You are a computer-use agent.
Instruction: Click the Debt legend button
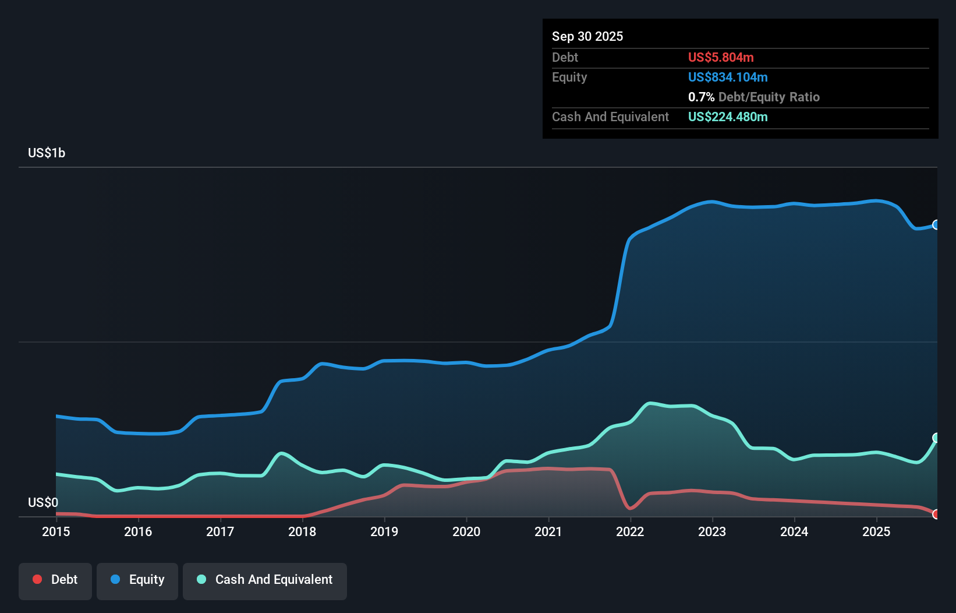tap(55, 580)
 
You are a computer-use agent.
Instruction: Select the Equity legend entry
tap(137, 580)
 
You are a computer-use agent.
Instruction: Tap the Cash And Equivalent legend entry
tap(265, 580)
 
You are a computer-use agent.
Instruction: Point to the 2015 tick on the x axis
tap(56, 531)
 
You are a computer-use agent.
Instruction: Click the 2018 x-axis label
tap(302, 531)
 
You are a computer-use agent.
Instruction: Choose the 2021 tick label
tap(548, 531)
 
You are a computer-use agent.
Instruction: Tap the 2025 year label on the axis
tap(876, 531)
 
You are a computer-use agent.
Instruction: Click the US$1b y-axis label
tap(47, 153)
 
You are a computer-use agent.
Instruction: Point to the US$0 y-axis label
tap(43, 502)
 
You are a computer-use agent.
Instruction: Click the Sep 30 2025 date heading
tap(587, 37)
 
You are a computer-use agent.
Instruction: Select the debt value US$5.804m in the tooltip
tap(720, 58)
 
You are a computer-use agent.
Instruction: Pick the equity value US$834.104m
tap(727, 77)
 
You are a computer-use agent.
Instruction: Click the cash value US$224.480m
tap(727, 117)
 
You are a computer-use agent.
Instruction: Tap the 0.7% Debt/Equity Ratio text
tap(753, 97)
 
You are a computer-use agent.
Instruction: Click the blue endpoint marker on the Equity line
tap(936, 225)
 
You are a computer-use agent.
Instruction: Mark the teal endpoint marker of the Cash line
tap(936, 438)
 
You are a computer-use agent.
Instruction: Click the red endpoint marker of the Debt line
tap(936, 514)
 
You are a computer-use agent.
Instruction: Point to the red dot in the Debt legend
tap(37, 579)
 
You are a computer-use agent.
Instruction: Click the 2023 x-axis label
tap(712, 531)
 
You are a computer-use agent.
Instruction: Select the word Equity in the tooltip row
tap(569, 77)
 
